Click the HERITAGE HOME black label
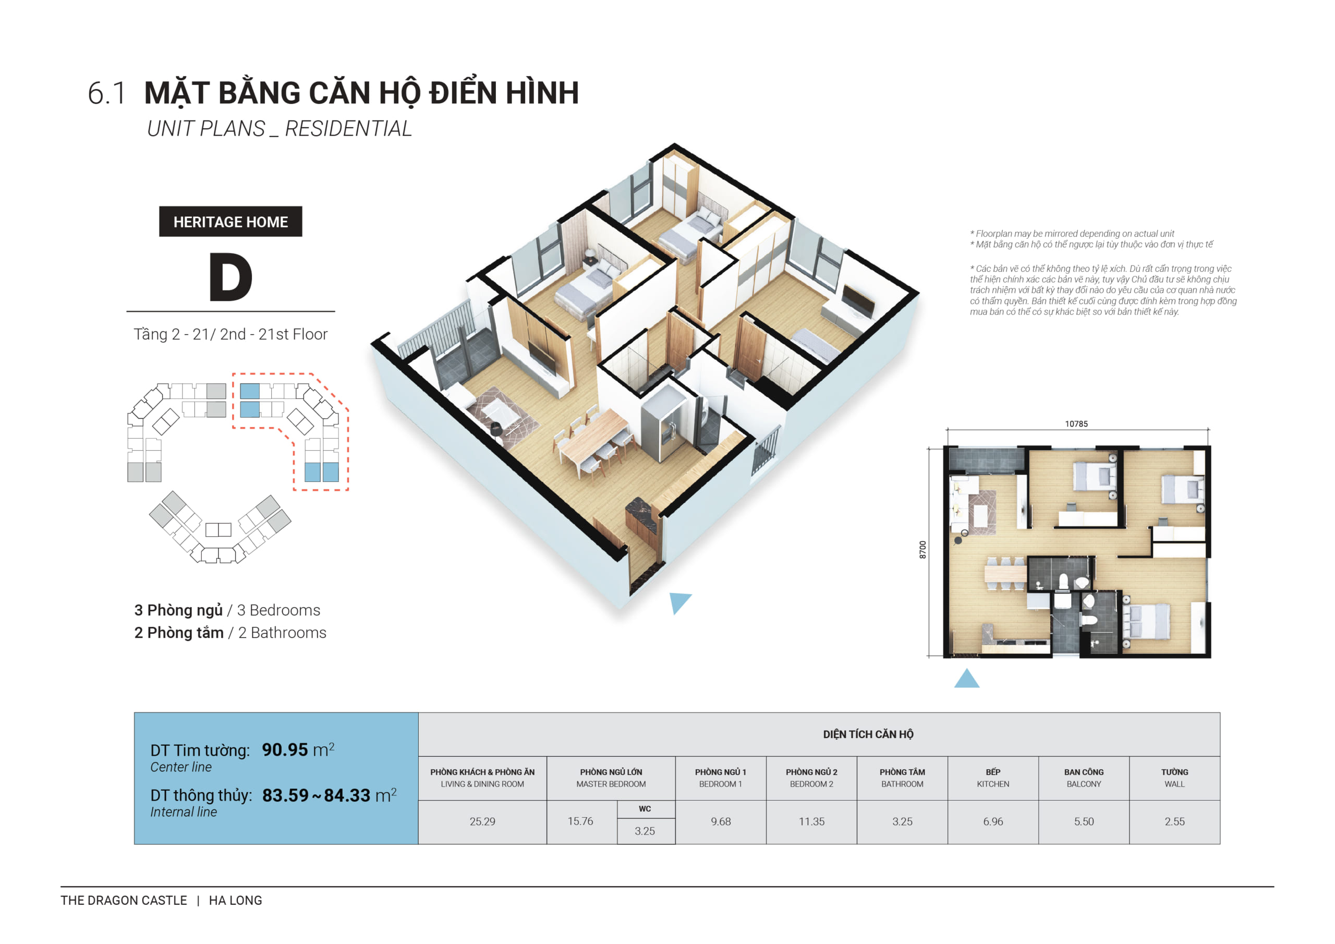point(230,222)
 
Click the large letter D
point(230,277)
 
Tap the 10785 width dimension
point(1076,424)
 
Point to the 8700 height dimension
point(923,549)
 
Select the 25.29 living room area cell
point(482,821)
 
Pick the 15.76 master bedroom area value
point(580,821)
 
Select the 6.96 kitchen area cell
point(992,821)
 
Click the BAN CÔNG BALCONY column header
point(1083,778)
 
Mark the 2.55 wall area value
point(1174,821)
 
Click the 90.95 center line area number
point(285,750)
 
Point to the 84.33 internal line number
point(347,795)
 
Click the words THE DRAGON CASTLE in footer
point(124,900)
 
